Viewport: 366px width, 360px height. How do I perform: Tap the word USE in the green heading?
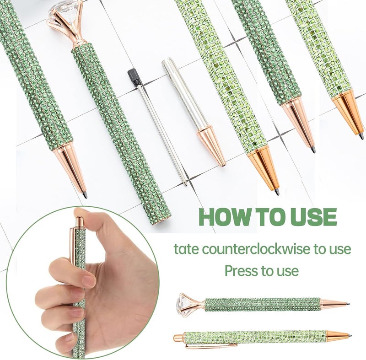313,217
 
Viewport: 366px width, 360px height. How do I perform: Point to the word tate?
186,249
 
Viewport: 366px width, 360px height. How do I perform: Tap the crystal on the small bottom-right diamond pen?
184,305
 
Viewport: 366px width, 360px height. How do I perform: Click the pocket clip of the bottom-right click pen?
210,345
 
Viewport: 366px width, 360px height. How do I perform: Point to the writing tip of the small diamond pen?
347,304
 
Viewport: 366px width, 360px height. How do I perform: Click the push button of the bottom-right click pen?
178,338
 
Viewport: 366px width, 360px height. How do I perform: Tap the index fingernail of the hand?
89,281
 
